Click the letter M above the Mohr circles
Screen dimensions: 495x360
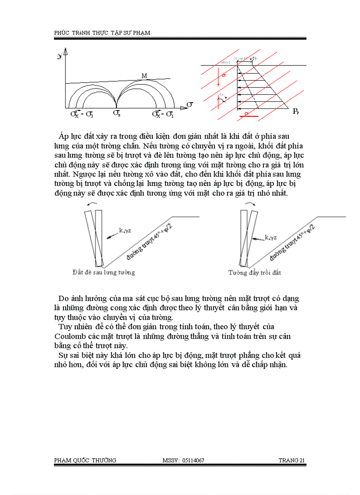point(144,76)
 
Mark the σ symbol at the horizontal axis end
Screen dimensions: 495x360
point(190,104)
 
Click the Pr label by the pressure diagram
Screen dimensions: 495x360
point(296,112)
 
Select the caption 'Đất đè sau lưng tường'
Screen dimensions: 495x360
point(104,272)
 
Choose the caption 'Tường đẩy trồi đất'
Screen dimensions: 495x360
point(255,272)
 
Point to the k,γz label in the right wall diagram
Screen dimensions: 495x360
point(271,237)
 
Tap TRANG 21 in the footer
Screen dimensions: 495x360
point(292,461)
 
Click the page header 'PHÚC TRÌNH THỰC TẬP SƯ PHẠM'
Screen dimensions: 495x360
point(105,33)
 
